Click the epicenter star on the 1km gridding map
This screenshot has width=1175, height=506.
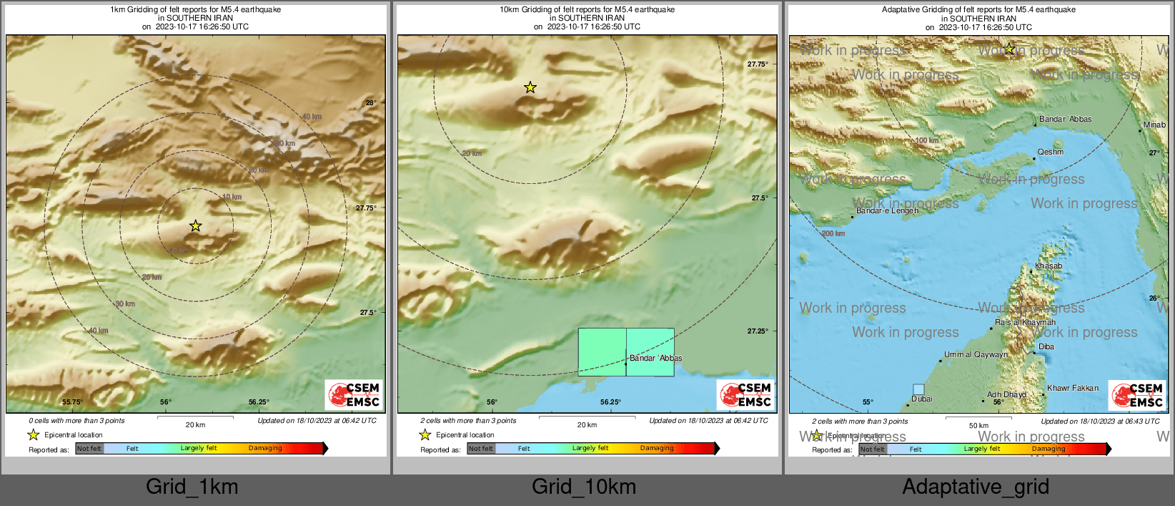[x=195, y=226]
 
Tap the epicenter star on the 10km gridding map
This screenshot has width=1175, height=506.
[x=530, y=87]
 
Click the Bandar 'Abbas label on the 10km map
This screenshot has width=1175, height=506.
[x=655, y=358]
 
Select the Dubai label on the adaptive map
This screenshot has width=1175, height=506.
[x=921, y=399]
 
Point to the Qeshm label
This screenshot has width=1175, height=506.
[x=1051, y=152]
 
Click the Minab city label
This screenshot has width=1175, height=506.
[x=1154, y=125]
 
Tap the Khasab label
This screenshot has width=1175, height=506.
[x=1048, y=266]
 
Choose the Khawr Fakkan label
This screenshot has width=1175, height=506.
[x=1073, y=388]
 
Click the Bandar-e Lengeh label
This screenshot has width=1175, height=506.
[x=887, y=210]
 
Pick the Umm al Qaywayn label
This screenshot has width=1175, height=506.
[x=976, y=354]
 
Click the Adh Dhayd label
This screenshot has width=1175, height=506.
[x=1006, y=394]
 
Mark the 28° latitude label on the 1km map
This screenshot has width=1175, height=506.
[x=371, y=103]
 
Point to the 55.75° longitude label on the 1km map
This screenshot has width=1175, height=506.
[x=72, y=402]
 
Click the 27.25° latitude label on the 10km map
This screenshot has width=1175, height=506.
[x=758, y=331]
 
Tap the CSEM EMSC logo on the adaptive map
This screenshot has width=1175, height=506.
[x=1137, y=395]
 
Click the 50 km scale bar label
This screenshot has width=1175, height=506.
[x=978, y=425]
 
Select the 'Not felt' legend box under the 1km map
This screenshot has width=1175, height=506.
[x=89, y=449]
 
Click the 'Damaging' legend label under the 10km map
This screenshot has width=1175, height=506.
[x=657, y=448]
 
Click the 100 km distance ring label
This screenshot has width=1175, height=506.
[x=927, y=140]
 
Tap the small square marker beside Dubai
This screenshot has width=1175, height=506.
[x=918, y=389]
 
